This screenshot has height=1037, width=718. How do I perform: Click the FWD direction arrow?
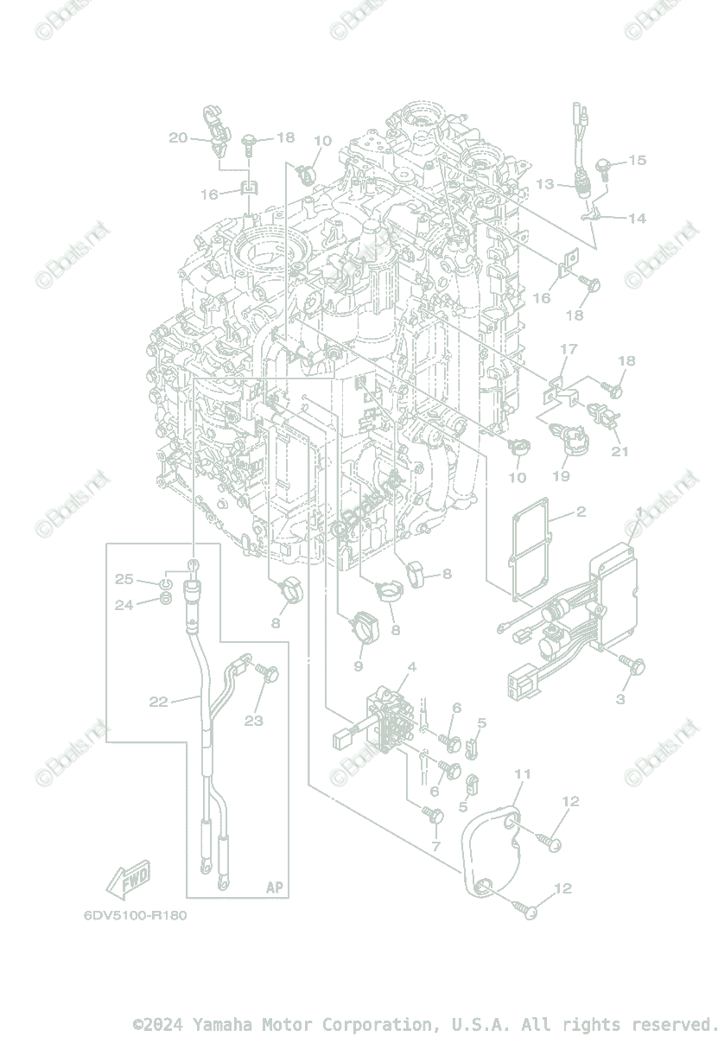coord(128,880)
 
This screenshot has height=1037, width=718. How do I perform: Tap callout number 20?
coord(178,137)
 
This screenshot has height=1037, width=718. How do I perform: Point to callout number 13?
coord(544,184)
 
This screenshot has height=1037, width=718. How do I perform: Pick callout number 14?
coord(637,219)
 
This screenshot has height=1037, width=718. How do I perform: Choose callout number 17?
coord(568,349)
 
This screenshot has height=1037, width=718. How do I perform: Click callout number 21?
coord(620,451)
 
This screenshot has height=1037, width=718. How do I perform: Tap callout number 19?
coord(561,476)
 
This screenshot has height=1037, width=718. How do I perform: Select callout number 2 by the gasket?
coord(581,512)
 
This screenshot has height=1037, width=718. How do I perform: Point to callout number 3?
coord(620,699)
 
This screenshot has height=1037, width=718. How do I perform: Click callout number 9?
coord(358,666)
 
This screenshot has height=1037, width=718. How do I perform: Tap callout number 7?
coord(435,846)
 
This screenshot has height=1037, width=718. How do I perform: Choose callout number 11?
coord(522,773)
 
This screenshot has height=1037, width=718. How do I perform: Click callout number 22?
coord(158,702)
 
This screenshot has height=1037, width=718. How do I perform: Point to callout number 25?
coord(124,578)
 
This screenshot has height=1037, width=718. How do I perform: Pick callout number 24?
coord(124,605)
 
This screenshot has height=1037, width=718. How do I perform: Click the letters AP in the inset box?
coord(274,887)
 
